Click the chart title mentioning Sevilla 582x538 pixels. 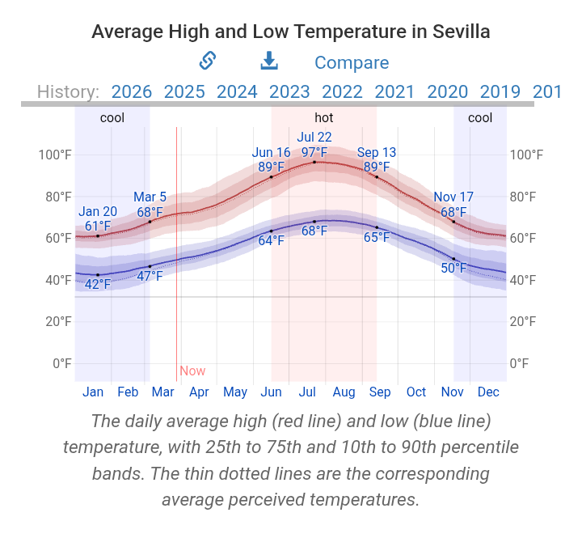point(291,32)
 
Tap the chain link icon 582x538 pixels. point(208,61)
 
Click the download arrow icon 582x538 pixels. point(269,61)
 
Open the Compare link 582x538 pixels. point(351,62)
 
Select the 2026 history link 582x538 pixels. point(131,91)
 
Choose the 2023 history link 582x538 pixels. point(289,91)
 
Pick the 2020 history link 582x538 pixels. point(447,91)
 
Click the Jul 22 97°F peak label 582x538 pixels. point(314,145)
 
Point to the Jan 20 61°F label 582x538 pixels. point(98,219)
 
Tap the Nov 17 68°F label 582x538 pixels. point(453,204)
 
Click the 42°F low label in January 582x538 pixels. point(98,284)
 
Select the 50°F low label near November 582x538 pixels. point(454,268)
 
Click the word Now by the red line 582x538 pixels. point(192,371)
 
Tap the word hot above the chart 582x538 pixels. point(323,117)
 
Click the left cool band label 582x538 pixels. point(112,117)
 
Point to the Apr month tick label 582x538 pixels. point(199,392)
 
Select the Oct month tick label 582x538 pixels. point(416,392)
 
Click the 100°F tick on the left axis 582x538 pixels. point(55,155)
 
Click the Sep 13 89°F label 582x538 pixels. point(377,160)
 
